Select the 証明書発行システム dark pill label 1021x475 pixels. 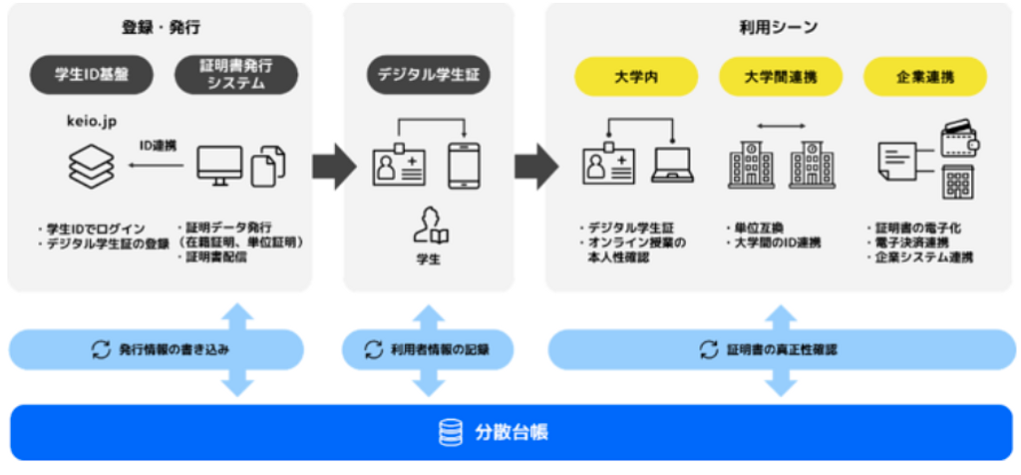(x=235, y=75)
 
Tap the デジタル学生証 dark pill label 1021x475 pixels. (x=429, y=75)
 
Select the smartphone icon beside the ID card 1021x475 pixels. (x=464, y=164)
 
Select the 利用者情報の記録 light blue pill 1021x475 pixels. (x=429, y=350)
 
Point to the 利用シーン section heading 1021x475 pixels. (x=780, y=26)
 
